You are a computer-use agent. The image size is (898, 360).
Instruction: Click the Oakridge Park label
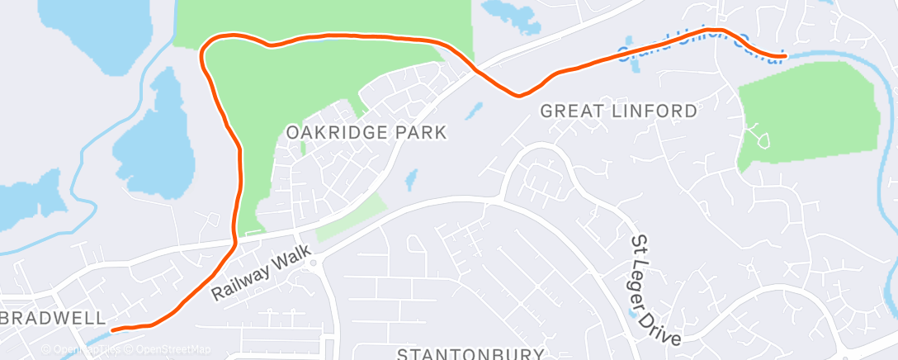[366, 132]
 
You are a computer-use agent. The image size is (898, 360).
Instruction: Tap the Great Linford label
[618, 110]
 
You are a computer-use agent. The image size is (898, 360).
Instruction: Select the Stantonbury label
[467, 353]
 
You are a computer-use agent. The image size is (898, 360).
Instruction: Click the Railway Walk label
[260, 272]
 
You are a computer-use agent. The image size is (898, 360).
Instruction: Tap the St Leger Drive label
[657, 291]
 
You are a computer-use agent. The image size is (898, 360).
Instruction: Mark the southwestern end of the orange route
[114, 329]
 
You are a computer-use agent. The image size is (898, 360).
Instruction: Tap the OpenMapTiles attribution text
[86, 349]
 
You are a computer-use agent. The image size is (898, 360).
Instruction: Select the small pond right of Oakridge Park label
[475, 110]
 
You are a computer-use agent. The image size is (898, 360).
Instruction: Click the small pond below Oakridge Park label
[411, 179]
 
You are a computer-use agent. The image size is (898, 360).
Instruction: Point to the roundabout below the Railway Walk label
[314, 264]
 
